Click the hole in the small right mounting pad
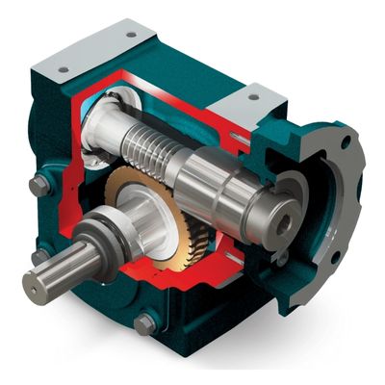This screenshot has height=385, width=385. coord(255,95)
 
